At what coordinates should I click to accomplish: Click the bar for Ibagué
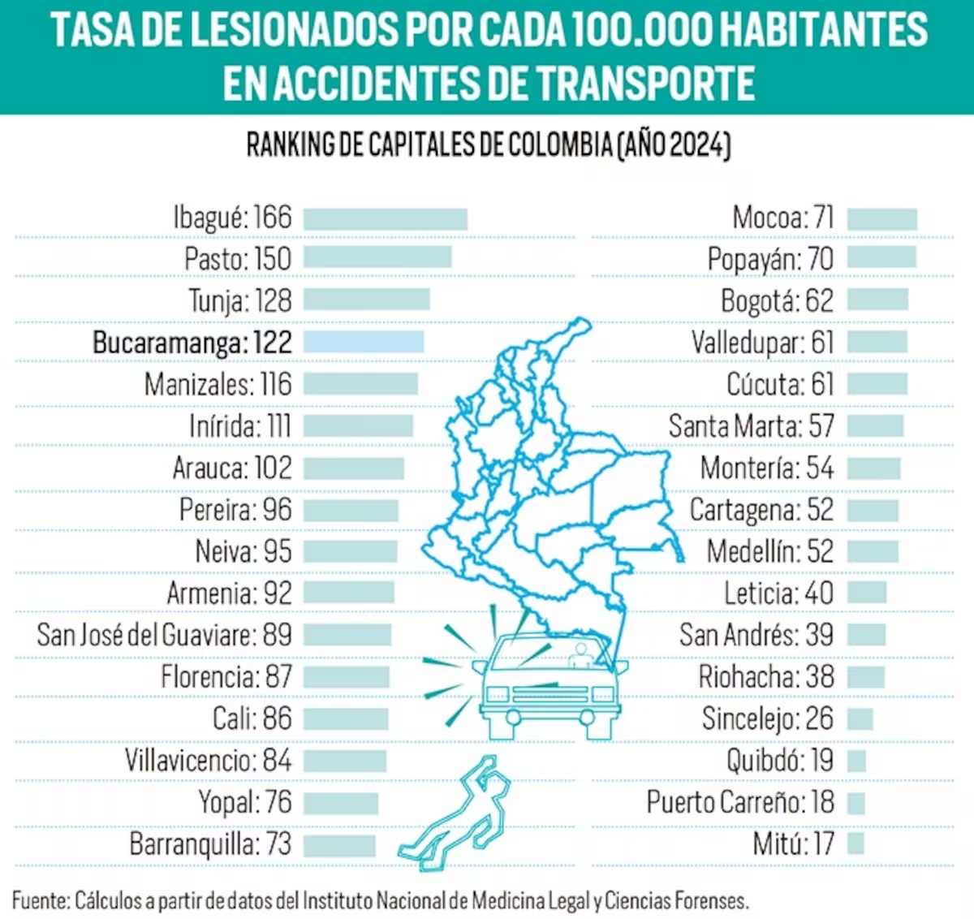pyautogui.click(x=386, y=218)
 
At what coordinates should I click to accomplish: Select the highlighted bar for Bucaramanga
pyautogui.click(x=364, y=342)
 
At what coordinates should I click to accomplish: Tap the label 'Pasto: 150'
pyautogui.click(x=237, y=259)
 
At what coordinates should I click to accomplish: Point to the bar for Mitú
pyautogui.click(x=855, y=843)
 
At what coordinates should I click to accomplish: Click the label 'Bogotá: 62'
pyautogui.click(x=777, y=301)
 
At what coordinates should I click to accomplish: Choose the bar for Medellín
pyautogui.click(x=873, y=551)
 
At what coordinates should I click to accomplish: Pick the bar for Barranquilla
pyautogui.click(x=339, y=844)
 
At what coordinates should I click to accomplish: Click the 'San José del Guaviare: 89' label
pyautogui.click(x=164, y=635)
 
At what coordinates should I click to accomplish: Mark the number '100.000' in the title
pyautogui.click(x=642, y=30)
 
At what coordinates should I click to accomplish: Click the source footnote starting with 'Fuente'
pyautogui.click(x=380, y=900)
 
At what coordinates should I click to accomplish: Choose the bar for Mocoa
pyautogui.click(x=882, y=218)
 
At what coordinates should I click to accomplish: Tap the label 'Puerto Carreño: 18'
pyautogui.click(x=740, y=802)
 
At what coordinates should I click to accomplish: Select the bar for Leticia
pyautogui.click(x=867, y=593)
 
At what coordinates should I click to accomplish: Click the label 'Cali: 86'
pyautogui.click(x=252, y=718)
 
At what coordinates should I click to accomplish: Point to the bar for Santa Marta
pyautogui.click(x=875, y=426)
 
